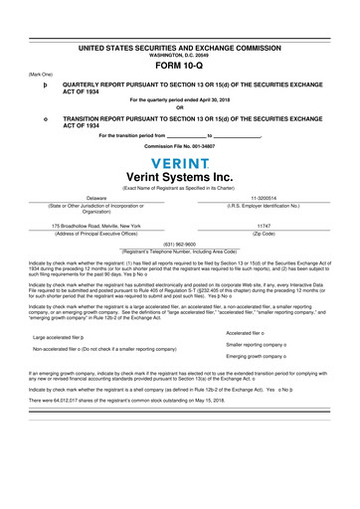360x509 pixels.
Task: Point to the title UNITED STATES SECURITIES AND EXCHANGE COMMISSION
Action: click(x=180, y=48)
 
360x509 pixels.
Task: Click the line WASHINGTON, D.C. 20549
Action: click(x=180, y=55)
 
